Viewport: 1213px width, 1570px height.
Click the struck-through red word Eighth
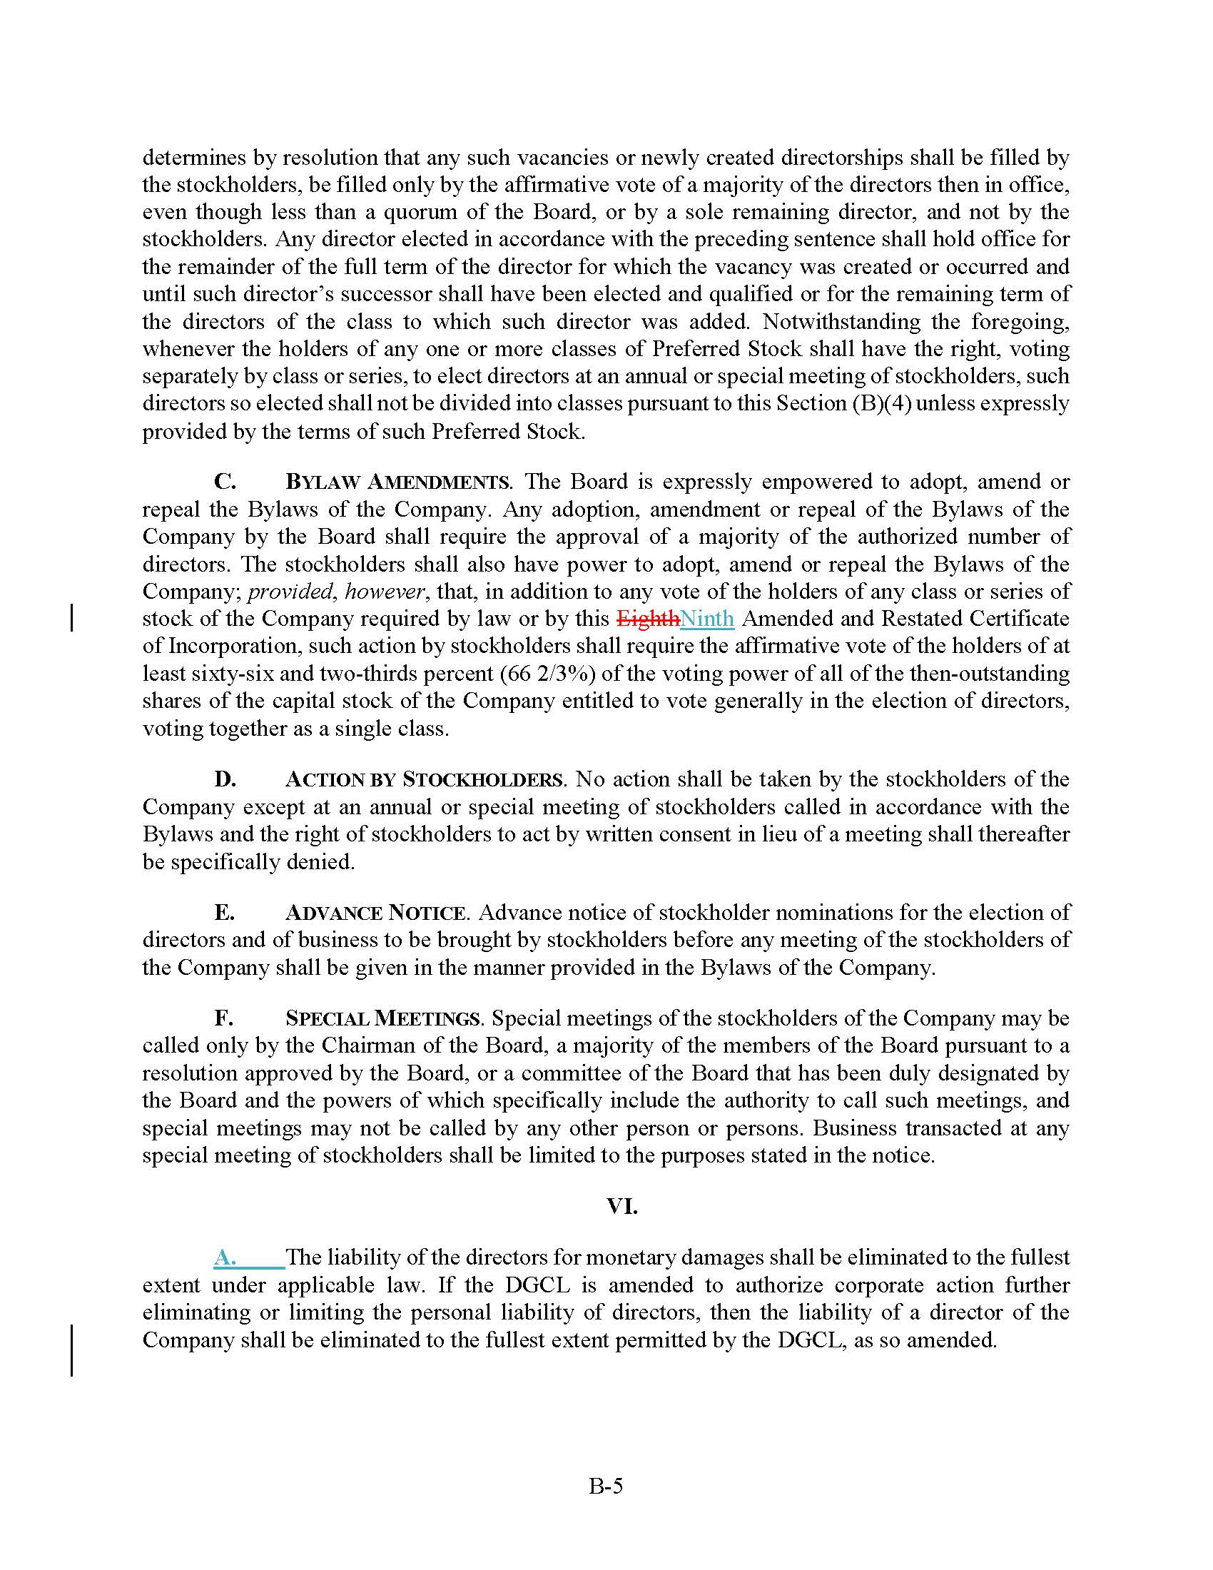tap(647, 619)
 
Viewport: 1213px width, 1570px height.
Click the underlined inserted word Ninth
tap(707, 619)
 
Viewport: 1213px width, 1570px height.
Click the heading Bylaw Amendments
tap(397, 482)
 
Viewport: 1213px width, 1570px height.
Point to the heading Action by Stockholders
tap(424, 780)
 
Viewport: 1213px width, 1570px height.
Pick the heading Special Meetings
tap(382, 1019)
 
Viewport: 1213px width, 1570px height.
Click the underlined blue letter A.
tap(225, 1258)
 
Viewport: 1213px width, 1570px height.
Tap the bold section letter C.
tap(225, 482)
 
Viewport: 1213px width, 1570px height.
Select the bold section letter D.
tap(225, 780)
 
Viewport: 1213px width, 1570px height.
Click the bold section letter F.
tap(223, 1019)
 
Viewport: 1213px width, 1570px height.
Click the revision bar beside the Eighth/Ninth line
tap(72, 618)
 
